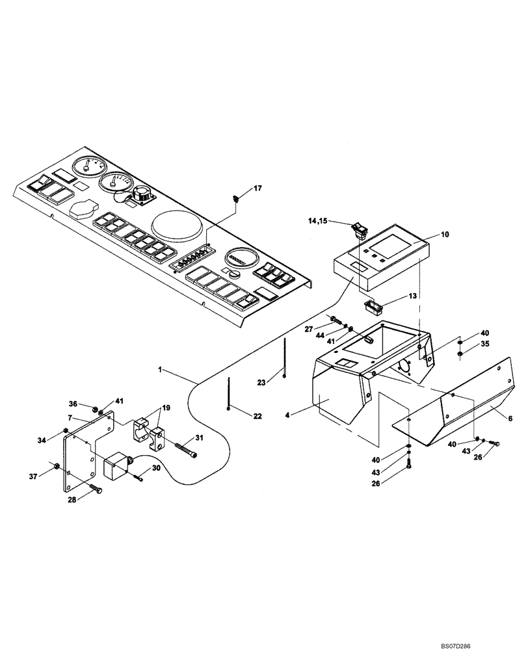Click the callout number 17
[258, 188]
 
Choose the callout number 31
[199, 437]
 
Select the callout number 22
[257, 416]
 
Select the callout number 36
[73, 404]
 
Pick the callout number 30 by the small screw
[157, 468]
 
